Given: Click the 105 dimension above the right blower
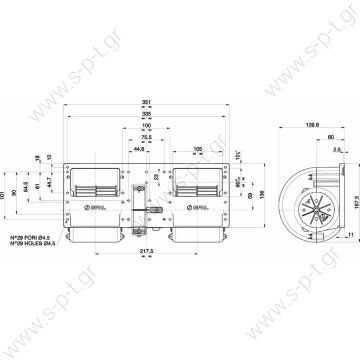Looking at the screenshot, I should [199, 147].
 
